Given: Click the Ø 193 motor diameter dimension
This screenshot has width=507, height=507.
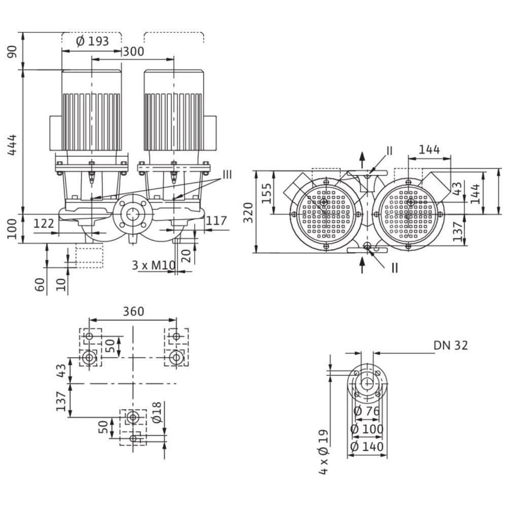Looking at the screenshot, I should click(92, 42).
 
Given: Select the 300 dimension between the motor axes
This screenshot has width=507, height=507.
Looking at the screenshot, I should click(133, 51).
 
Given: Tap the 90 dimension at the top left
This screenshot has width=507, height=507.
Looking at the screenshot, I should click(13, 51).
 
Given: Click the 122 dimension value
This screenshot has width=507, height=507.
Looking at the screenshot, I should click(44, 223).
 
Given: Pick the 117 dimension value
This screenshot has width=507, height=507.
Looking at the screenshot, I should click(216, 221).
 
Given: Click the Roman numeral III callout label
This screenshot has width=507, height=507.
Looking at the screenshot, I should click(227, 175).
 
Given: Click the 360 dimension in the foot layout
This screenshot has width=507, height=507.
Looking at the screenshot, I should click(133, 311).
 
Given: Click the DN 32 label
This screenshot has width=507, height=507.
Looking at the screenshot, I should click(450, 345).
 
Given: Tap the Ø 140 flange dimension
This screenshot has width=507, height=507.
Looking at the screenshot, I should click(368, 447).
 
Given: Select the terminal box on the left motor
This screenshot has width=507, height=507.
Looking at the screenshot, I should click(56, 133).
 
